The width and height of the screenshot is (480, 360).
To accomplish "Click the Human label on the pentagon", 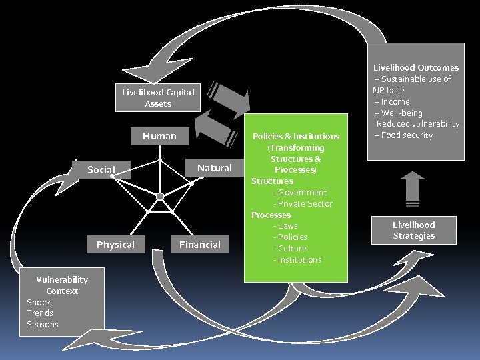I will coord(159,136).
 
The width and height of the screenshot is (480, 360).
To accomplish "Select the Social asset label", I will coord(101,170).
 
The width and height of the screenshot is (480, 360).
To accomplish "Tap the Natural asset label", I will coord(215,168).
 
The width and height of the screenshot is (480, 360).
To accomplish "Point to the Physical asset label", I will coord(115,245).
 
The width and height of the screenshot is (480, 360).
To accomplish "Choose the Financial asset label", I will coord(199,245).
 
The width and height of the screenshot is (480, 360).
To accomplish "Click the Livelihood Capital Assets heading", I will coord(158,98).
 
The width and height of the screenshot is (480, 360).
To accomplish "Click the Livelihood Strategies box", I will coord(413,230).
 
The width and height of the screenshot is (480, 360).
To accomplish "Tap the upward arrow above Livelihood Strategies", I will coord(413,187).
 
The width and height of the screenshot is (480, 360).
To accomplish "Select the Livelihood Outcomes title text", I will coord(415,67).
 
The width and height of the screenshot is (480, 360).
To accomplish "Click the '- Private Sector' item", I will coord(303,203).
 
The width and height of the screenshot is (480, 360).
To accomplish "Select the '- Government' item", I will coord(300,192).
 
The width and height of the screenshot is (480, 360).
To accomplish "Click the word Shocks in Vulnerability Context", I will coord(40,302).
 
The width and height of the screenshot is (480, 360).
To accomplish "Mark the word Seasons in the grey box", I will coord(43,325).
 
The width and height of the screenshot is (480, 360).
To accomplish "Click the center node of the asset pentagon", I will coord(160,196).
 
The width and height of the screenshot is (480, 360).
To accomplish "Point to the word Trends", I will coord(40,313).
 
